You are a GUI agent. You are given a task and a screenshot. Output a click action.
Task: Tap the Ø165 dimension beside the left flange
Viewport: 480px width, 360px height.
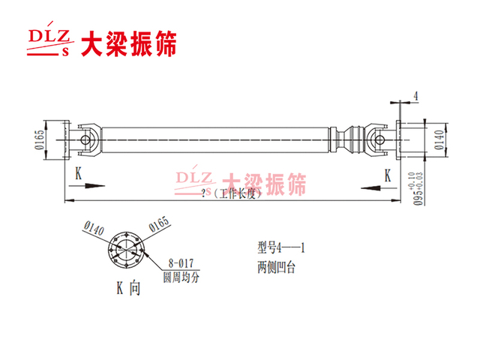point(39,139)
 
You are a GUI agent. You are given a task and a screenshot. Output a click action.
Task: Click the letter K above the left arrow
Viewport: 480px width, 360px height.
point(79,173)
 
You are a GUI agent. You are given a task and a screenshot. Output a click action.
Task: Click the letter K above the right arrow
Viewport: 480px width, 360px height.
point(388,175)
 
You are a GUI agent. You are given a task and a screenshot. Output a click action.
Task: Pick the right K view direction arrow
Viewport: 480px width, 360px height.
point(379,188)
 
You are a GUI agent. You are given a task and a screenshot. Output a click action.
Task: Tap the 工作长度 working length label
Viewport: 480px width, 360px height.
point(232,193)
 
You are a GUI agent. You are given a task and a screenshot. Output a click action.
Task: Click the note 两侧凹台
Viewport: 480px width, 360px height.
point(276,267)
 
